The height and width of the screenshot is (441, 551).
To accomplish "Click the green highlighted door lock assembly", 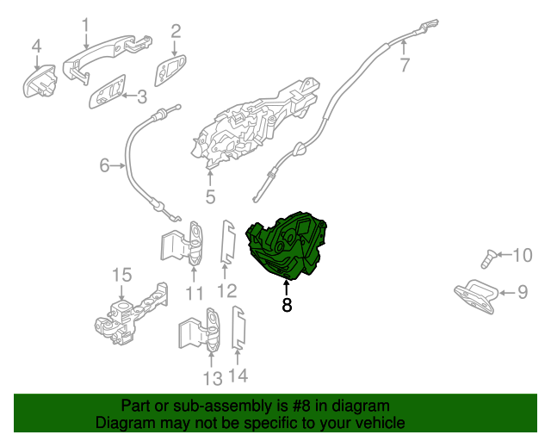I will pos(288,246).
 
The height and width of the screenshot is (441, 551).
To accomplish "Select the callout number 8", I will pos(287,305).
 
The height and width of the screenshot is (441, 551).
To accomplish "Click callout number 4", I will pos(36,45).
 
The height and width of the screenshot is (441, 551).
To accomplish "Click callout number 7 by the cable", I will pos(404,65).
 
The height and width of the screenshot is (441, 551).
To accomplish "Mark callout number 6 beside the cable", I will pos(105,165).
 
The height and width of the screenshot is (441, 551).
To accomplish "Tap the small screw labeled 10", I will pos(490,257).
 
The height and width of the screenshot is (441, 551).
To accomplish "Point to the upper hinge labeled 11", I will pos(185,244).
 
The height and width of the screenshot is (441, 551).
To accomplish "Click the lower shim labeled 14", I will pos(240,332).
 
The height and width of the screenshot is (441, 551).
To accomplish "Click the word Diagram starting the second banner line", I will pos(122,423).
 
